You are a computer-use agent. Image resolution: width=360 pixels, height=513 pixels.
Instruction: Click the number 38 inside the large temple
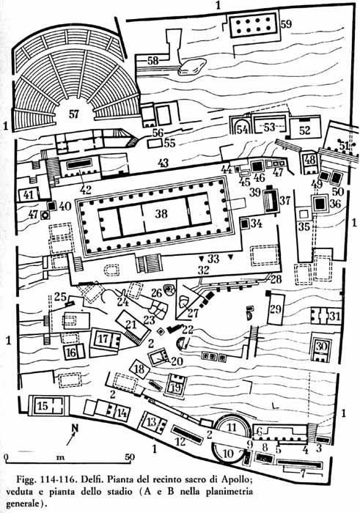pyautogui.click(x=161, y=214)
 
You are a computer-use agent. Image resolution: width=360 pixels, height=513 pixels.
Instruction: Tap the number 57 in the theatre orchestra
pyautogui.click(x=74, y=114)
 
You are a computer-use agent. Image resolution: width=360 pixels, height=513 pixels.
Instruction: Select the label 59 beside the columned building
pyautogui.click(x=286, y=24)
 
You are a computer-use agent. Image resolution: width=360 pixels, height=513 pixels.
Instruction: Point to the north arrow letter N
pyautogui.click(x=76, y=428)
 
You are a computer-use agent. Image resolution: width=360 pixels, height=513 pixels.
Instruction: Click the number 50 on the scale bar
pyautogui.click(x=130, y=457)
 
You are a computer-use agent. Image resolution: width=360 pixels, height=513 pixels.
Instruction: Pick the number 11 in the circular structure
pyautogui.click(x=232, y=427)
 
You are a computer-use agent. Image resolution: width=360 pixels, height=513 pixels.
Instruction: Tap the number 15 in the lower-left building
pyautogui.click(x=43, y=406)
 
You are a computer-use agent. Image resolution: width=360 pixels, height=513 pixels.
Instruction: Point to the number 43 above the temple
pyautogui.click(x=163, y=163)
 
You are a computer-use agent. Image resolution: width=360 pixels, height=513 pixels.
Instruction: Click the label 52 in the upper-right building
pyautogui.click(x=304, y=130)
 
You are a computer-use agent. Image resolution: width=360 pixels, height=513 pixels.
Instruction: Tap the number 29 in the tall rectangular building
pyautogui.click(x=276, y=309)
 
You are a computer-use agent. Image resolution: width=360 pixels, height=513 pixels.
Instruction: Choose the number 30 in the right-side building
pyautogui.click(x=321, y=346)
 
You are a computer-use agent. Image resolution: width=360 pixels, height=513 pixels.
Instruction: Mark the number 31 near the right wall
pyautogui.click(x=335, y=316)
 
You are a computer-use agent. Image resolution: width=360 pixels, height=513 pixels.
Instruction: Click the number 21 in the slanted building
pyautogui.click(x=131, y=325)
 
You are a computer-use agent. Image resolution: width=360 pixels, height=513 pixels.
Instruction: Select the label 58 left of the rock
pyautogui.click(x=153, y=60)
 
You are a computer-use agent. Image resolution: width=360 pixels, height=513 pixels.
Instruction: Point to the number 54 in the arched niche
pyautogui.click(x=242, y=130)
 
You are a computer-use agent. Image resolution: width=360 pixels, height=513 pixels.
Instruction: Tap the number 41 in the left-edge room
pyautogui.click(x=29, y=195)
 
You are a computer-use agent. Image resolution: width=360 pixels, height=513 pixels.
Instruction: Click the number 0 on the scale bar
pyautogui.click(x=7, y=457)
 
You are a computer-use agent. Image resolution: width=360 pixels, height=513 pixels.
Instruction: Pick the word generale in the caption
pyautogui.click(x=25, y=503)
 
